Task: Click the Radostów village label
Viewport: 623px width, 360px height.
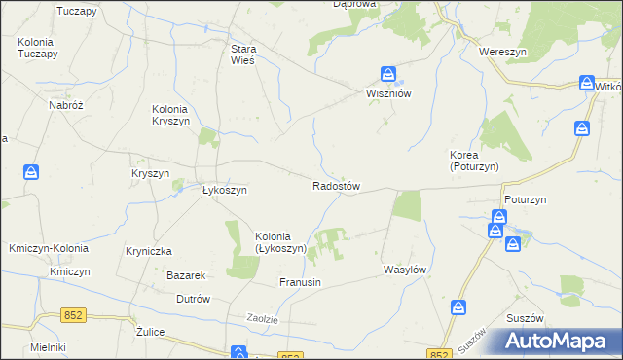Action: pos(337,186)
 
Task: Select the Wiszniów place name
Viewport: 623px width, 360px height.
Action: pos(391,94)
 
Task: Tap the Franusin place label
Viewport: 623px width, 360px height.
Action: pos(300,282)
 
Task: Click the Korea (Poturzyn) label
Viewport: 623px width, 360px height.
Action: pos(474,161)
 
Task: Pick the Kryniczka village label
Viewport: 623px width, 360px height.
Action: pos(149,251)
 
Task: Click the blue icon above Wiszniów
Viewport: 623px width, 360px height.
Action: pos(387,74)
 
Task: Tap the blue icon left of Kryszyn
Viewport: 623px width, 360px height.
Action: pos(31,173)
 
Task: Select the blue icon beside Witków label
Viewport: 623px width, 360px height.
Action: pos(587,84)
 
